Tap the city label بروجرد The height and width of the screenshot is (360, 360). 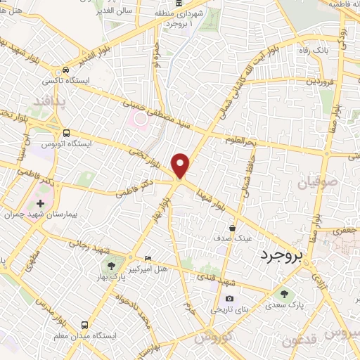(282, 255)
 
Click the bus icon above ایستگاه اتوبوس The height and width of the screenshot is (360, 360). (66, 133)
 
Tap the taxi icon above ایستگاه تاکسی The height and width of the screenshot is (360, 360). (65, 70)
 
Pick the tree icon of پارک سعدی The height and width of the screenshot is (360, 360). (283, 295)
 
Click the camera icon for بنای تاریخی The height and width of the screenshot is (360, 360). (229, 299)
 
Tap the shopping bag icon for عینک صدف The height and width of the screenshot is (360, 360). (233, 227)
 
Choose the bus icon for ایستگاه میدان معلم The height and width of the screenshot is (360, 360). (84, 325)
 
